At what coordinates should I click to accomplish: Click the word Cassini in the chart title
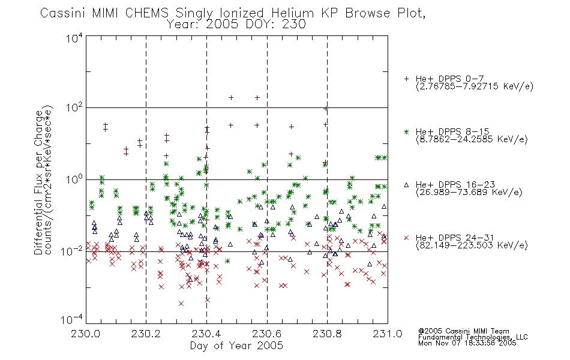click(63, 13)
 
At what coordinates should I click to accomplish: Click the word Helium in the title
click(292, 13)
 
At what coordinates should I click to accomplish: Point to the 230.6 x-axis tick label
click(267, 334)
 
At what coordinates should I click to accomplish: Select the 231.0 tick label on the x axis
click(388, 334)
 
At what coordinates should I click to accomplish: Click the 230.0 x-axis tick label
click(86, 334)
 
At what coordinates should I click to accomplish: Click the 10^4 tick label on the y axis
click(74, 38)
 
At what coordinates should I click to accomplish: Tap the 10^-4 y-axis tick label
click(71, 320)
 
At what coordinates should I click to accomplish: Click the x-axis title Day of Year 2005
click(236, 346)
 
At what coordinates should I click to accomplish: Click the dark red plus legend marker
click(407, 79)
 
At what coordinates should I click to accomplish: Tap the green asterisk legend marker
click(407, 132)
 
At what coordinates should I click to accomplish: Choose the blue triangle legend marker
click(407, 185)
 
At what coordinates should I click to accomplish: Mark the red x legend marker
click(407, 238)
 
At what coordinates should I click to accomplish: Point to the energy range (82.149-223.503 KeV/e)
click(472, 245)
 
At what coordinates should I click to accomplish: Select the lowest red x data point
click(181, 303)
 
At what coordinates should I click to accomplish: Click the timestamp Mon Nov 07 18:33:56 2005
click(467, 343)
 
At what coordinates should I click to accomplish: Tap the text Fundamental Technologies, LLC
click(473, 337)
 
